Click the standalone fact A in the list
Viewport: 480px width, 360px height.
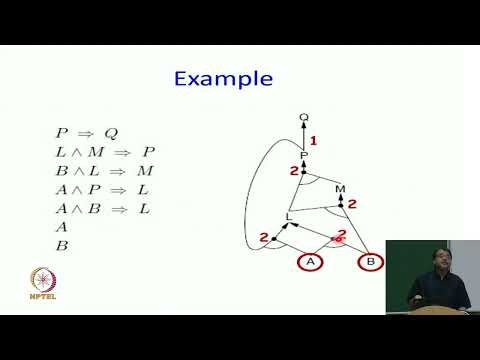(61, 226)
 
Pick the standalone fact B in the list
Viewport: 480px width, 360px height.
(61, 245)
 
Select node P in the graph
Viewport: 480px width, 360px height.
(304, 156)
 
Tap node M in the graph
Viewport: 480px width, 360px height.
(340, 188)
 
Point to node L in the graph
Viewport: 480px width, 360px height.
(289, 215)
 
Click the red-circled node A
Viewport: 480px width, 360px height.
(310, 262)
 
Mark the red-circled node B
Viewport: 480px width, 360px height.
(370, 262)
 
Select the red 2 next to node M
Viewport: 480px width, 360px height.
(352, 204)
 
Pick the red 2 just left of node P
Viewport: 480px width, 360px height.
(294, 172)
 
